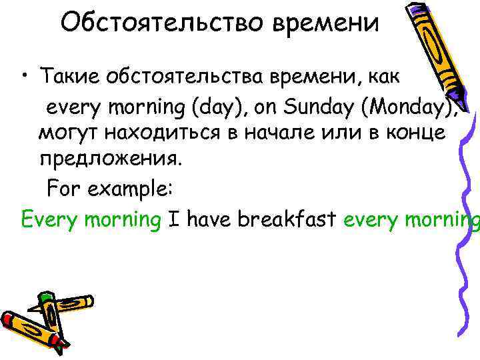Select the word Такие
pyautogui.click(x=67, y=77)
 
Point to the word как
pyautogui.click(x=381, y=77)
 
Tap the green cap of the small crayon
pyautogui.click(x=45, y=297)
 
